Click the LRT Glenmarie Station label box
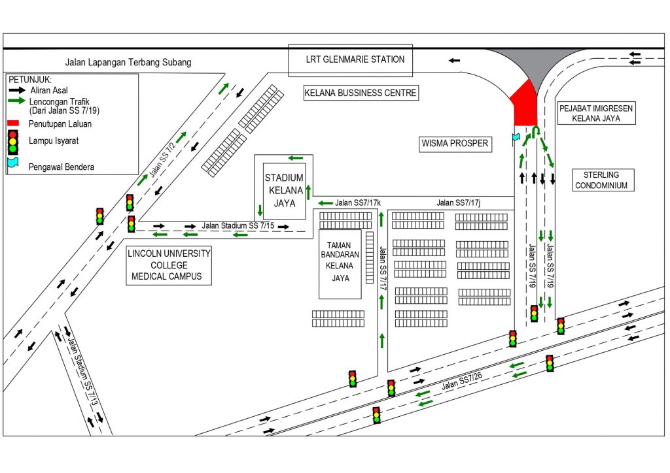(351, 60)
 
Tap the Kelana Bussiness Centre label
(361, 93)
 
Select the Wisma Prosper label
(455, 143)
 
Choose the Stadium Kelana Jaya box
(283, 190)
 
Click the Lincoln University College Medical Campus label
(169, 265)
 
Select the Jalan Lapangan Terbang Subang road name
(128, 63)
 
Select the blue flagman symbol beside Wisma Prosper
(516, 138)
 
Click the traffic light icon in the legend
(13, 141)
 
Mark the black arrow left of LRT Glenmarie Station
(454, 60)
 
